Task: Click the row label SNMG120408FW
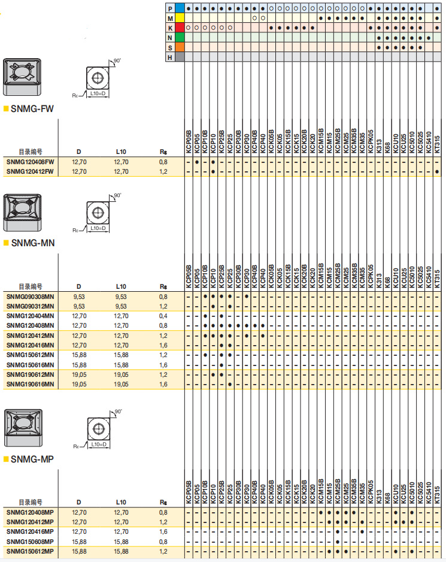click(x=30, y=162)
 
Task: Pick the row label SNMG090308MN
click(x=30, y=297)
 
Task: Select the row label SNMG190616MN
click(x=30, y=384)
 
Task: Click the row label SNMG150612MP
click(x=30, y=551)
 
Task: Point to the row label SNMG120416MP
click(x=30, y=532)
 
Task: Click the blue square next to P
click(x=179, y=8)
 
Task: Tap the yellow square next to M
click(x=179, y=18)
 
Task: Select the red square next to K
click(x=179, y=28)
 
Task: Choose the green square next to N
click(x=179, y=37)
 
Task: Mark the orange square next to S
click(x=179, y=47)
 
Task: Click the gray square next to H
click(x=179, y=56)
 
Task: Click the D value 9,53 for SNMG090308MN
click(x=78, y=297)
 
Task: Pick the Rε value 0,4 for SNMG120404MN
click(x=163, y=316)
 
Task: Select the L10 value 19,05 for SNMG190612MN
click(x=121, y=374)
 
